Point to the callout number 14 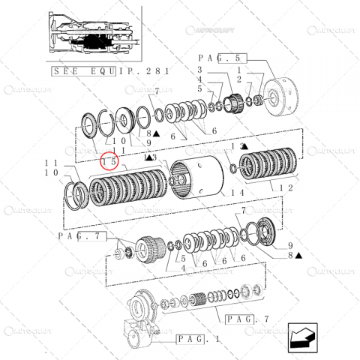coord(217,193)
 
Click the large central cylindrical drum coord(198,180)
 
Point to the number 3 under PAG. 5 coord(200,70)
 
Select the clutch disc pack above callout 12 coord(269,166)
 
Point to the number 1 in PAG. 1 coord(217,338)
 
